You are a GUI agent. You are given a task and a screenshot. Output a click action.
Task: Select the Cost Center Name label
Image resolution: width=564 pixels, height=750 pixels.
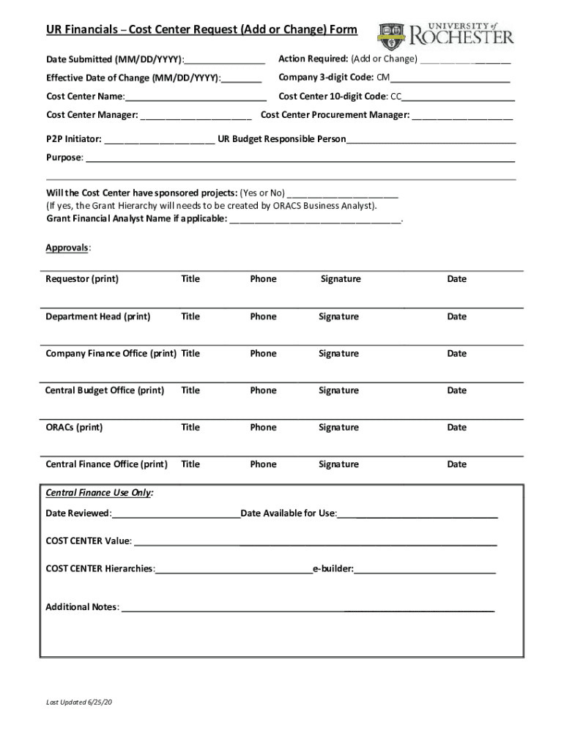pos(85,97)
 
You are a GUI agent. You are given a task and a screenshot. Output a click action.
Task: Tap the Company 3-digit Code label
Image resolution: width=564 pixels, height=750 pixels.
pos(327,78)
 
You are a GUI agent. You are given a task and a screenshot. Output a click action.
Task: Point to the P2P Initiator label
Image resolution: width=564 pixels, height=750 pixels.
pos(74,139)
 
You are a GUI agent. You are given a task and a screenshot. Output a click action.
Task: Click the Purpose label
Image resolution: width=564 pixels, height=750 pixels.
pos(64,157)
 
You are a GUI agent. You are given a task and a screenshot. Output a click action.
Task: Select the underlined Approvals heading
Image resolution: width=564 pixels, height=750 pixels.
pos(67,248)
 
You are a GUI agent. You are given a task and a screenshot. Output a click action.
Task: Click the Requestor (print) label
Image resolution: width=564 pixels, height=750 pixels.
pos(82,279)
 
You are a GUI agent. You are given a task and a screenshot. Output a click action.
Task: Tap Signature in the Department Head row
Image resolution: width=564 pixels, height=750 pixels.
pos(338,316)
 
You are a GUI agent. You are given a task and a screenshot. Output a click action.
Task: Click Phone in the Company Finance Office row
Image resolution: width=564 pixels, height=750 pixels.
pos(263,354)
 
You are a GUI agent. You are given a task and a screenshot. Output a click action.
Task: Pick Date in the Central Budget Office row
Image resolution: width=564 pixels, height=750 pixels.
pos(456,390)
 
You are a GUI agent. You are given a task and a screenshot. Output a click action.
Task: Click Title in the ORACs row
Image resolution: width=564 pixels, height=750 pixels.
pos(190,428)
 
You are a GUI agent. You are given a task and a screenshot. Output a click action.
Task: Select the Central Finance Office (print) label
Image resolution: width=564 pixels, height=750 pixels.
pos(106,464)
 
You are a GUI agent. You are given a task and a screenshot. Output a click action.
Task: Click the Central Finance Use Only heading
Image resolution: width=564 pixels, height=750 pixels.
pos(100,493)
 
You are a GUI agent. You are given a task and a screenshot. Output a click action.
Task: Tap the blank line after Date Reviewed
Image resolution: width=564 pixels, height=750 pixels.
pos(176,514)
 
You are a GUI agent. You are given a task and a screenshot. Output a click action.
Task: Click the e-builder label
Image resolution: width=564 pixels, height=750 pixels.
pos(333,568)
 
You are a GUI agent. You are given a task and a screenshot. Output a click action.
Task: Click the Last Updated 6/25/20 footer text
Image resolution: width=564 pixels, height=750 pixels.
pos(79,703)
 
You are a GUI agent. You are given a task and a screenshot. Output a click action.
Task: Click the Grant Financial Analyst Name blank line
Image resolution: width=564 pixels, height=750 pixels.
pos(315,219)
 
